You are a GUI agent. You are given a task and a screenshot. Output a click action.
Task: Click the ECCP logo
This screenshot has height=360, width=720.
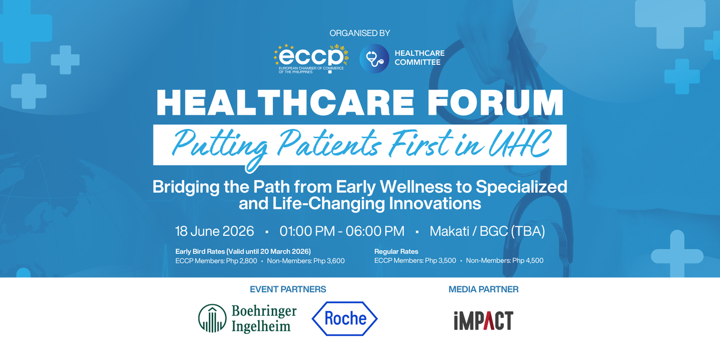click(311, 58)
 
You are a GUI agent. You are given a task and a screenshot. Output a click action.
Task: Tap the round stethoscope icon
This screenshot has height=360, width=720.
click(373, 58)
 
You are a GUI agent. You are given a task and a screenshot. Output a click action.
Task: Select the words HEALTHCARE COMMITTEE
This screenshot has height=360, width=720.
click(418, 58)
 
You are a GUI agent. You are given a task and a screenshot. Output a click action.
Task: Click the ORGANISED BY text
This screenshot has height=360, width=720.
click(360, 33)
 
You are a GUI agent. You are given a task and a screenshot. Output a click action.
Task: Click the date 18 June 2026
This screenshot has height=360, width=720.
click(214, 231)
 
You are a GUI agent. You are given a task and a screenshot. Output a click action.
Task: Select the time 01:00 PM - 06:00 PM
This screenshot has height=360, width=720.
click(342, 231)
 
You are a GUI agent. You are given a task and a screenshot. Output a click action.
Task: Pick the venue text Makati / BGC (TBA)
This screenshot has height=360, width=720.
click(487, 231)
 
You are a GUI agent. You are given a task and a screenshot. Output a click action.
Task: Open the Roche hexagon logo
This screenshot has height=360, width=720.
click(344, 317)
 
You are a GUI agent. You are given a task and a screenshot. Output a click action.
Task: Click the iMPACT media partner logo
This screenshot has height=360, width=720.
click(483, 320)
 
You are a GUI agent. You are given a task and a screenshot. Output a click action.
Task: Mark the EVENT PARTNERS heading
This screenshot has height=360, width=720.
click(288, 289)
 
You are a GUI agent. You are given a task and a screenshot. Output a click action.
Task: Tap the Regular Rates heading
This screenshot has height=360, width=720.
click(396, 251)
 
